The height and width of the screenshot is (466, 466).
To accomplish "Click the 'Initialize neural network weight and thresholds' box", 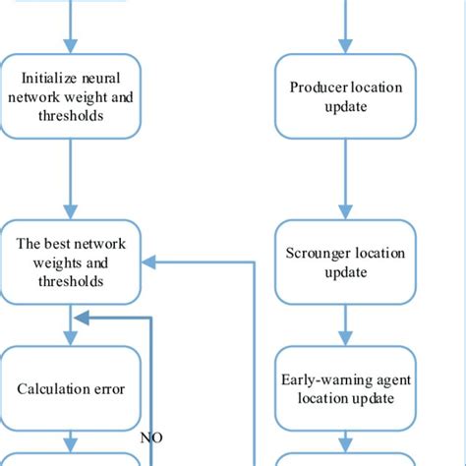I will pos(71,96).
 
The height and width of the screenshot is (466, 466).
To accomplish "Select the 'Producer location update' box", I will pos(346,95).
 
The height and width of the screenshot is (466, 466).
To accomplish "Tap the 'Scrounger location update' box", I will pos(346,262).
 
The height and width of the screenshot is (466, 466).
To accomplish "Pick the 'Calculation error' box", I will pos(71,388).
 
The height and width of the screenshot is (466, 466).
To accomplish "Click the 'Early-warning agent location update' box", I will pos(346,389).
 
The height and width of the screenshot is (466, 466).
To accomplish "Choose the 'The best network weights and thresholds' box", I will pos(71,262).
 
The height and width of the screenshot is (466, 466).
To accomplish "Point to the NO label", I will pos(151,437).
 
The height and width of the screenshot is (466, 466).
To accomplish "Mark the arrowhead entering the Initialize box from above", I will pos(71,46).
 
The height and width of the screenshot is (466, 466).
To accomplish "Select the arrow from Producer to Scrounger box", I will pos(346,177).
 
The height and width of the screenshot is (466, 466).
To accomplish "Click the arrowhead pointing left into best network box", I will pos(148,262).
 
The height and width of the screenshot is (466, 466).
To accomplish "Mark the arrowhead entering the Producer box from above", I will pos(346,46).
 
